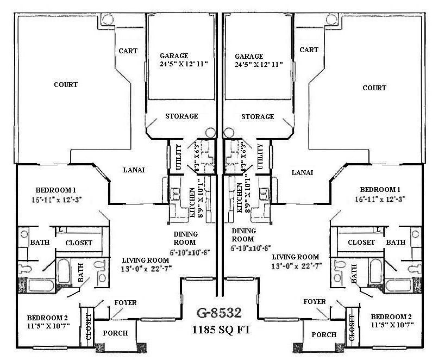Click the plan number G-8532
click(220, 313)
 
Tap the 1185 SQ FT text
click(220, 330)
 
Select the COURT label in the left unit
click(66, 85)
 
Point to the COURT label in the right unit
click(374, 88)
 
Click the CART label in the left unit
click(128, 51)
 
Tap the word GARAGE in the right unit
click(249, 56)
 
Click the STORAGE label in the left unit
click(181, 116)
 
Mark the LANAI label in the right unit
click(303, 172)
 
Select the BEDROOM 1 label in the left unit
click(55, 190)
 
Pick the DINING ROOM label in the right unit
click(243, 234)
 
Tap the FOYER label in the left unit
click(125, 302)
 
